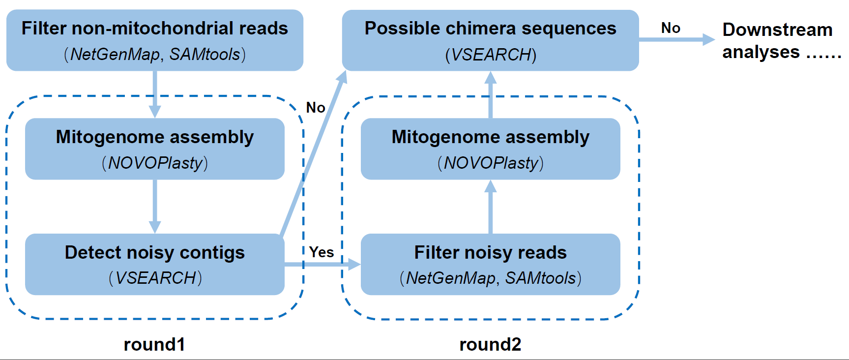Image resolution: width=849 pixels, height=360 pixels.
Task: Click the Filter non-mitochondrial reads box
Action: (x=154, y=40)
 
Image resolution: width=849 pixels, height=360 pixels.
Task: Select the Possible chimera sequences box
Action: (x=490, y=40)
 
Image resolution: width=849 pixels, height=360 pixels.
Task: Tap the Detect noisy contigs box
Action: (x=154, y=264)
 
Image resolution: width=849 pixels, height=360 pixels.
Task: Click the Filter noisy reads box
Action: (x=490, y=264)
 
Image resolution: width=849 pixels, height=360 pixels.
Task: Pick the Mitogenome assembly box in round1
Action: (x=154, y=149)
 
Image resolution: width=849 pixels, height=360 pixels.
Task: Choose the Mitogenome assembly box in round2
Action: (x=490, y=149)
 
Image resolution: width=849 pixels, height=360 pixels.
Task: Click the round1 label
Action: (x=154, y=344)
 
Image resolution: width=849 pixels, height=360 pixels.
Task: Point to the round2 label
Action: (x=490, y=344)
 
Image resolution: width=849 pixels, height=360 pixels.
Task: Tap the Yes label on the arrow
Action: (x=322, y=252)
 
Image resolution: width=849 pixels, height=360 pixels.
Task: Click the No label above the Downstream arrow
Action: (x=671, y=28)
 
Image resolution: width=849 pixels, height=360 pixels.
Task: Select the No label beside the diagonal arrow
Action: (x=316, y=108)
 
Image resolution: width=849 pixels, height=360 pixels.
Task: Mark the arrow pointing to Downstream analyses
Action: (x=676, y=39)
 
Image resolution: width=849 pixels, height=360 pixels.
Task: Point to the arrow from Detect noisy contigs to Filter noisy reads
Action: (x=322, y=265)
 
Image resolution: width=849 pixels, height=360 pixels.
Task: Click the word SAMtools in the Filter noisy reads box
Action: (x=540, y=278)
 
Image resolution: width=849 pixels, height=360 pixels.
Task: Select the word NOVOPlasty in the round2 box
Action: (x=491, y=163)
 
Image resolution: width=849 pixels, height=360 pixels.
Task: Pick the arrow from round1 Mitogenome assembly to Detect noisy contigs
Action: (x=155, y=207)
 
